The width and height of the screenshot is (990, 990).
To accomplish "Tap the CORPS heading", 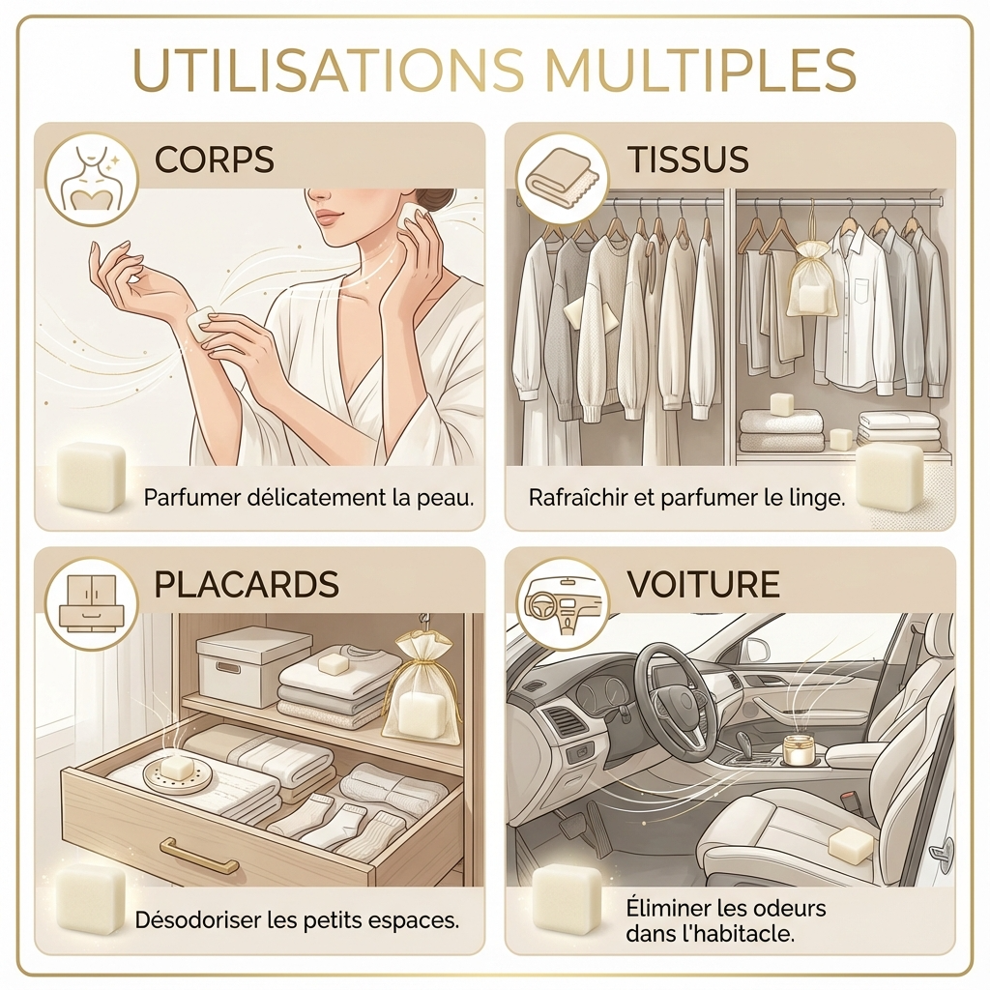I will tap(216, 159).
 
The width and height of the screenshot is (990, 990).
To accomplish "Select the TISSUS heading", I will tap(688, 159).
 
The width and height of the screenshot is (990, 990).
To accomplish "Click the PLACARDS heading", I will tap(247, 584).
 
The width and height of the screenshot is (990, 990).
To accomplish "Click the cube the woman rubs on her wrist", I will tap(204, 323).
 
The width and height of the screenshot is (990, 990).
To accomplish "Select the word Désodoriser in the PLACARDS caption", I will tap(199, 918).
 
